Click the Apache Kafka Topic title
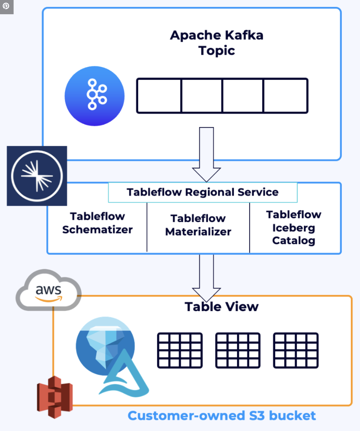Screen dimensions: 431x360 (217, 43)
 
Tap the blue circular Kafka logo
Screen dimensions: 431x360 (94, 96)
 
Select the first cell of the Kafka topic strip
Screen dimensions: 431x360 (159, 96)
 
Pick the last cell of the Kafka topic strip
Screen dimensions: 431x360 (285, 96)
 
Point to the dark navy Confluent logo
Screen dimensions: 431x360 (37, 176)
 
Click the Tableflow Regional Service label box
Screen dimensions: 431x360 (202, 192)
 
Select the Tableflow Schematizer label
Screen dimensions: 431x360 (97, 223)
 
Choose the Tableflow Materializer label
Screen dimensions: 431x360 (198, 225)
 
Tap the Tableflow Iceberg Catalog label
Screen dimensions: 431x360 (294, 227)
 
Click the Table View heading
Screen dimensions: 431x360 (221, 307)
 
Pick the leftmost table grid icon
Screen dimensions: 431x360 (180, 350)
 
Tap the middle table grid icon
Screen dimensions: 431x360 (238, 350)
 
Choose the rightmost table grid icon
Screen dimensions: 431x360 (295, 350)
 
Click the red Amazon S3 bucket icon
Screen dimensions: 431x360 (55, 397)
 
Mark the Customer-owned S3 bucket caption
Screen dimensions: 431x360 (221, 415)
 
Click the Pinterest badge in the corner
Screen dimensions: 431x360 (6, 6)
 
